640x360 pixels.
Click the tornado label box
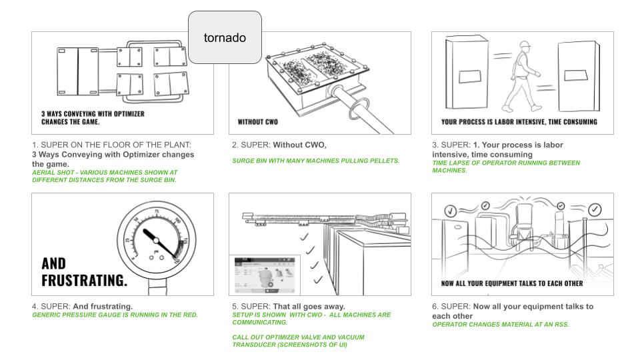(x=225, y=37)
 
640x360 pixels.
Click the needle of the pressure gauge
(x=157, y=240)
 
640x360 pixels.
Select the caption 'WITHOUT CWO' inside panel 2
(x=257, y=122)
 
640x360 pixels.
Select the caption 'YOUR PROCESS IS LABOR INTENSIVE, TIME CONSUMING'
(x=519, y=122)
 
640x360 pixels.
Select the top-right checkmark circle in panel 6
(x=595, y=209)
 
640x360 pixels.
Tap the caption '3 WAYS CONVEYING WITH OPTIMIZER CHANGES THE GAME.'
(x=93, y=118)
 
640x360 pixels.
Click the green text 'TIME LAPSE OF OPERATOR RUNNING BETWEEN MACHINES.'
(x=506, y=166)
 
